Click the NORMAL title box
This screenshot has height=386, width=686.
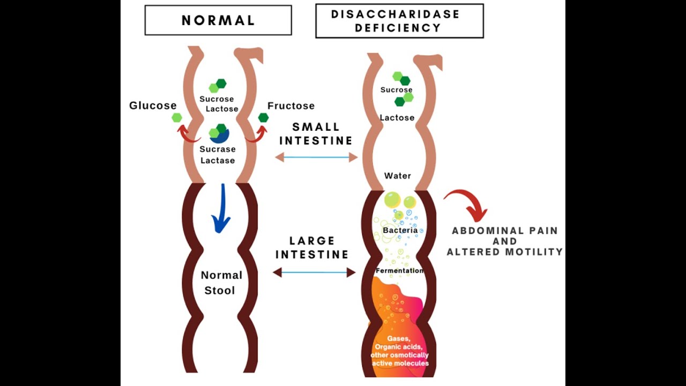(218, 20)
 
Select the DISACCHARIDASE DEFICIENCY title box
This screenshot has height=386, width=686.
(399, 21)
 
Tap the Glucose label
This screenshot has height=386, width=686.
(153, 106)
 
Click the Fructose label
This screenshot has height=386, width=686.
(291, 106)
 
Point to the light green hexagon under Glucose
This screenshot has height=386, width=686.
(177, 117)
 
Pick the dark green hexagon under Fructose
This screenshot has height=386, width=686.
(263, 117)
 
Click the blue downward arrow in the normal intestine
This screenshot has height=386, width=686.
(221, 209)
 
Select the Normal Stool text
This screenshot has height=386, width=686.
(221, 283)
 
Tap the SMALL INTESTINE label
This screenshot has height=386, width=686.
(316, 134)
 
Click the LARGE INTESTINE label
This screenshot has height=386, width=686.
(312, 248)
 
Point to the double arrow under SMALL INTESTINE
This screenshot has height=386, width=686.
(316, 157)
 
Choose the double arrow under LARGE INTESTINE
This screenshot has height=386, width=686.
(314, 272)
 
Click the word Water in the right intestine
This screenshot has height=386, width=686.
(398, 176)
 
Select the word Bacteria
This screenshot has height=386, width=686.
(400, 231)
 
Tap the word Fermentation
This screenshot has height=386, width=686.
(399, 271)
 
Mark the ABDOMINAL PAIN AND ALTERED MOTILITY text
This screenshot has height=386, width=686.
(505, 241)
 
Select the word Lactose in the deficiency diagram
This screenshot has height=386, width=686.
(397, 117)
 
